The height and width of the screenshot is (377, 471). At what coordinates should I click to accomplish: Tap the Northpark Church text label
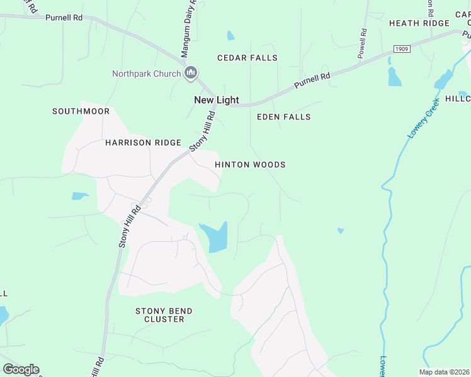point(146,74)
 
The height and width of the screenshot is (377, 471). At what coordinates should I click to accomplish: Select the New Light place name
point(216,100)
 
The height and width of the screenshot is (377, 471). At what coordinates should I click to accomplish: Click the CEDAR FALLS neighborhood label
point(247,58)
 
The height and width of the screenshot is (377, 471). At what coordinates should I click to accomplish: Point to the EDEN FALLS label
point(284,117)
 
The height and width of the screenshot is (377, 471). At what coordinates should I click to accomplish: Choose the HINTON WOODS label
point(250,165)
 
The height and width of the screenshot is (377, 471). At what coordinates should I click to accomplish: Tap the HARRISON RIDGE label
point(143,143)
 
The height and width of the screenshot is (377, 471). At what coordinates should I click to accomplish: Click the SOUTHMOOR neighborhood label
point(81,111)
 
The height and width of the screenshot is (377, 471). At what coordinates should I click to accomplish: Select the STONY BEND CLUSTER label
point(164,315)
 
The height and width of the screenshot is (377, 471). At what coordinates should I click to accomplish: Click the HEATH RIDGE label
point(419,23)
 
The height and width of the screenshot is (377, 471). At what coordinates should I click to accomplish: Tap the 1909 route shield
point(402,48)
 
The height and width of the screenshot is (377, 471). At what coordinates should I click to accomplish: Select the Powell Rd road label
point(363,43)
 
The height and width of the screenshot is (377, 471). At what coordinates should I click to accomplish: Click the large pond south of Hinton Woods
point(214,238)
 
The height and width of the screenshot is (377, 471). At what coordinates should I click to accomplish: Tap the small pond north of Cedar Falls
point(230,36)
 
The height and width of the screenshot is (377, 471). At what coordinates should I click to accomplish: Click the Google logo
point(21,369)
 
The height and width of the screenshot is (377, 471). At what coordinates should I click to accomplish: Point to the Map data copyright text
point(444,372)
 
